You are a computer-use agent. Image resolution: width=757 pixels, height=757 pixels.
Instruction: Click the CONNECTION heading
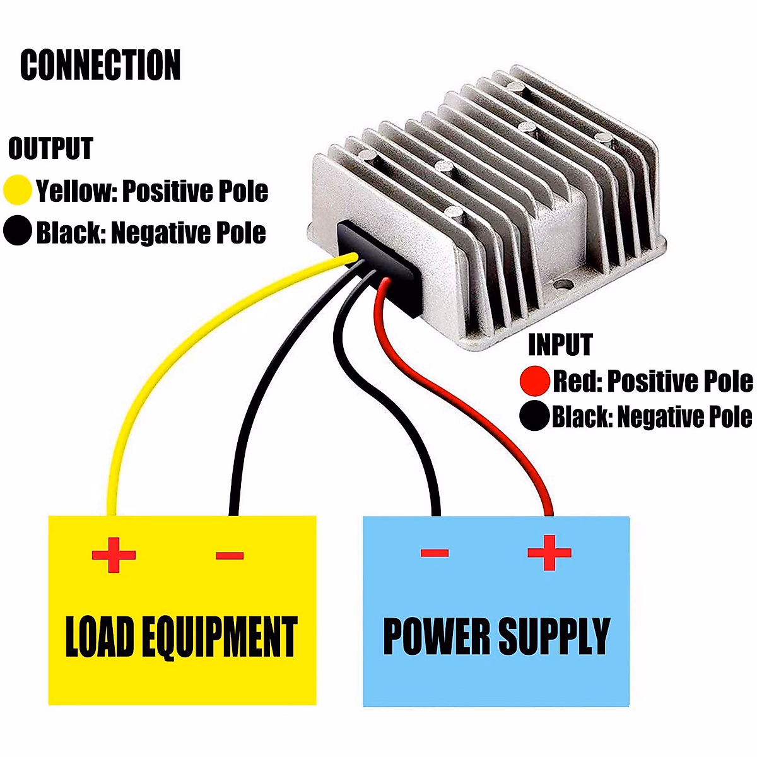(x=100, y=65)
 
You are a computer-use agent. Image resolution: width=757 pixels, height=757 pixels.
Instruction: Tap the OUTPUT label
(x=50, y=149)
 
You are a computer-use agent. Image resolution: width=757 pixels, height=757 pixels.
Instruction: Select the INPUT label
(x=560, y=345)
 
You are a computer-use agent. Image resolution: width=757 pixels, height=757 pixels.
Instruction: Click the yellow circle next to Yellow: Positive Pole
(x=17, y=190)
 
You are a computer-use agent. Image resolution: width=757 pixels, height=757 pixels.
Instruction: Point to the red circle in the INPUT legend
(x=534, y=381)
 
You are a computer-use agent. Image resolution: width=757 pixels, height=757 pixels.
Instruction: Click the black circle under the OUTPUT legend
(x=17, y=231)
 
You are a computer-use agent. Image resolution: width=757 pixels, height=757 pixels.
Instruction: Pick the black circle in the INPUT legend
(x=534, y=416)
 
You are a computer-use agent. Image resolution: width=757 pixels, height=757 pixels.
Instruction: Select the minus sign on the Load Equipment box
(x=230, y=556)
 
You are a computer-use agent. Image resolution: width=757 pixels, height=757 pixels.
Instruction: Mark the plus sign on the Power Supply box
(x=549, y=553)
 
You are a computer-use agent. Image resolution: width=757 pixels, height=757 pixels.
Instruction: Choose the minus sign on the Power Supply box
(x=434, y=553)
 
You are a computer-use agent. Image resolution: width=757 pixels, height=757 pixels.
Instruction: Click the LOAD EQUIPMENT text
(x=181, y=637)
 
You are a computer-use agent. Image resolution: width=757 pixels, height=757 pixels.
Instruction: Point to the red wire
(x=479, y=410)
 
